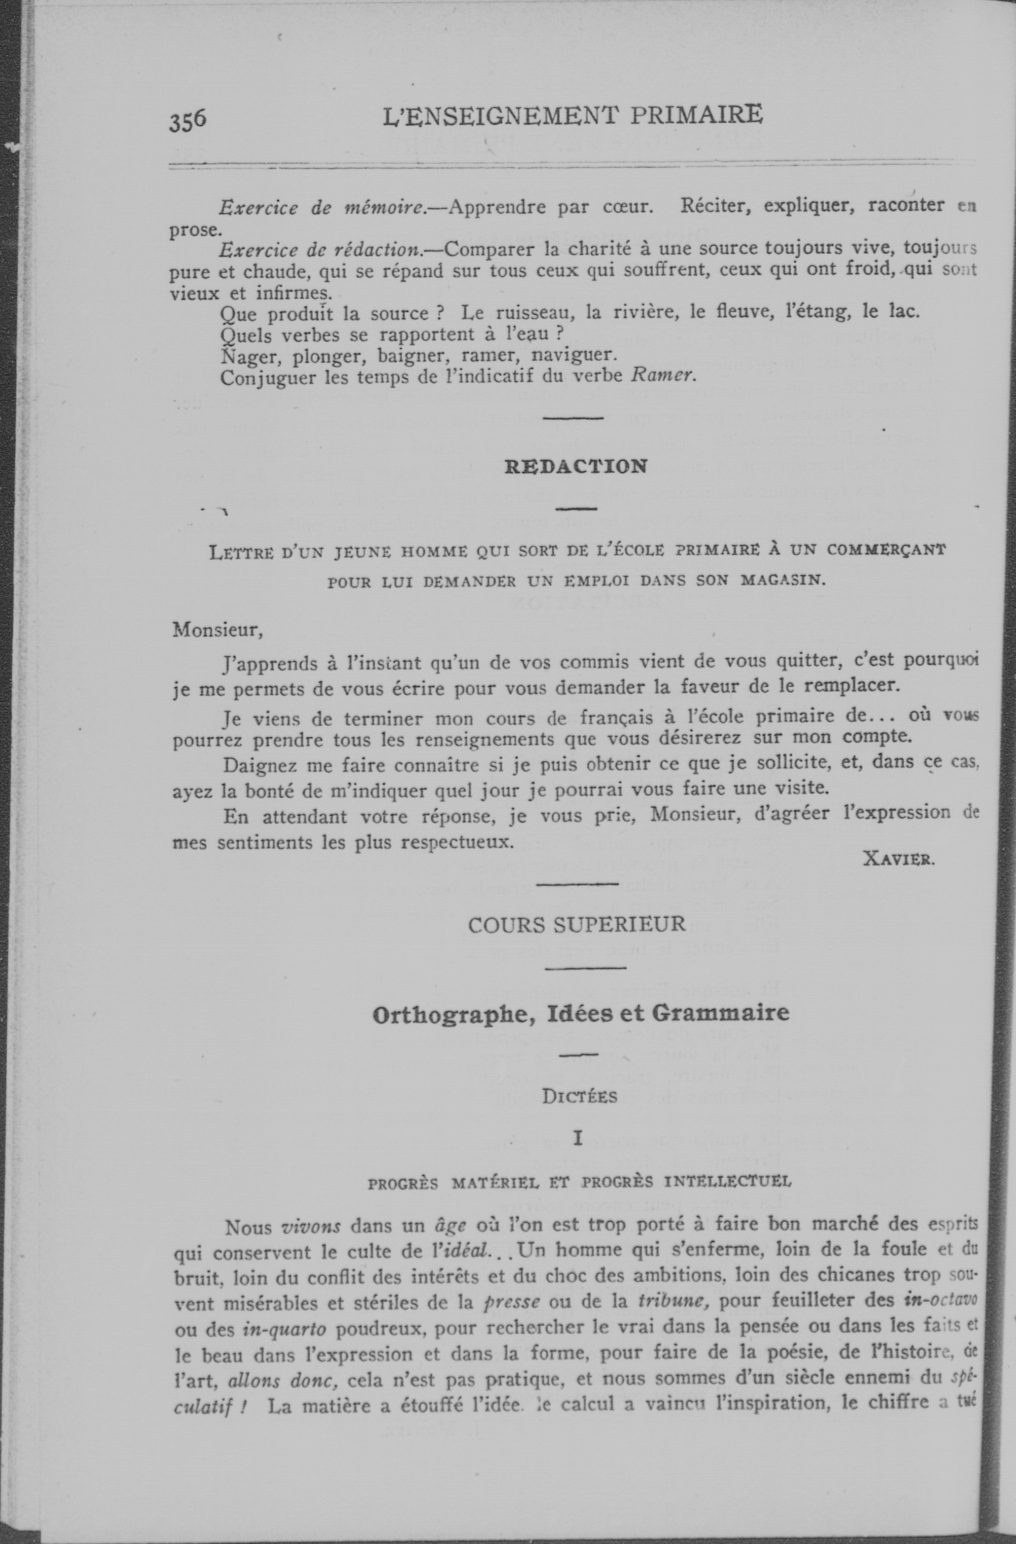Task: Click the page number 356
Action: [188, 121]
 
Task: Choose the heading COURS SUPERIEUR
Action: [577, 924]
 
